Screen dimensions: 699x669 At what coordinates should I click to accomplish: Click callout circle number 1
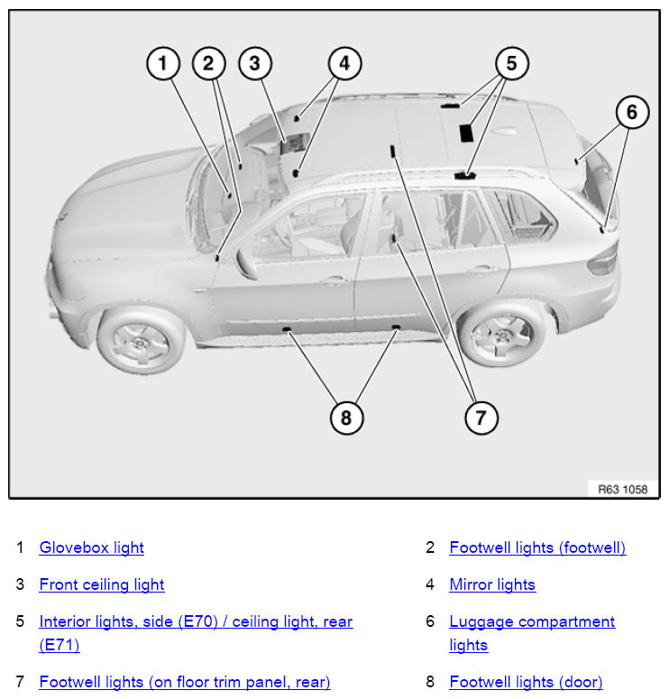163,63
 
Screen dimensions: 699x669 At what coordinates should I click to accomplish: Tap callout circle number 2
208,63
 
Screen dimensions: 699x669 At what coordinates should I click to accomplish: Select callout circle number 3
255,63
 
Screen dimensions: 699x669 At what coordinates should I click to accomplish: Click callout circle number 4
344,63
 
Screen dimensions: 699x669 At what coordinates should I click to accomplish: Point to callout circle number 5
511,63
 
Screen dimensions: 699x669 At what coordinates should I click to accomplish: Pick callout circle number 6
632,112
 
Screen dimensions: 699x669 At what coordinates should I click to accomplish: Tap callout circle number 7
481,418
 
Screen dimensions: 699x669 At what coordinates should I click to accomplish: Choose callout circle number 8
346,418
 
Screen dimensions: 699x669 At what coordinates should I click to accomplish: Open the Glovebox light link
91,547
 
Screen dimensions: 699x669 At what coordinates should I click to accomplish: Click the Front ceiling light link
102,584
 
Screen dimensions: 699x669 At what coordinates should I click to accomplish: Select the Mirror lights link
492,584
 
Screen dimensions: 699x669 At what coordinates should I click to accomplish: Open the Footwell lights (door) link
526,682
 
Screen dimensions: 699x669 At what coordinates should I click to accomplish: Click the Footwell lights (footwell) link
537,547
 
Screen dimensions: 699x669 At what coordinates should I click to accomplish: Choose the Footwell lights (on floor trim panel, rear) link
185,682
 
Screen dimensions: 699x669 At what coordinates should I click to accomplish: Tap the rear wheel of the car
501,331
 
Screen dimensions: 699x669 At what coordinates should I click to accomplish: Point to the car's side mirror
245,263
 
